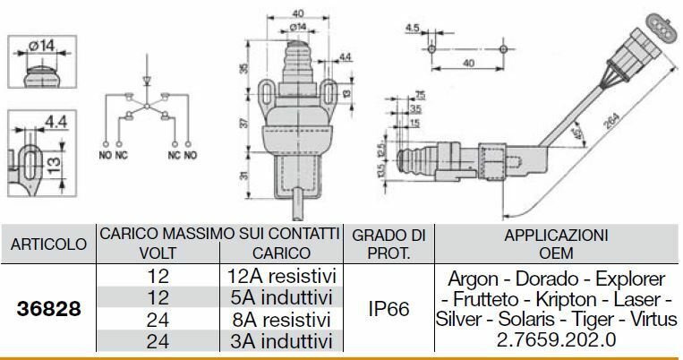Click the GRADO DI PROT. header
tap(389, 244)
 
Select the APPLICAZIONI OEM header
tap(557, 244)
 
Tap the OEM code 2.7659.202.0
tap(557, 341)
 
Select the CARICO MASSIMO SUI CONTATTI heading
tap(219, 234)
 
